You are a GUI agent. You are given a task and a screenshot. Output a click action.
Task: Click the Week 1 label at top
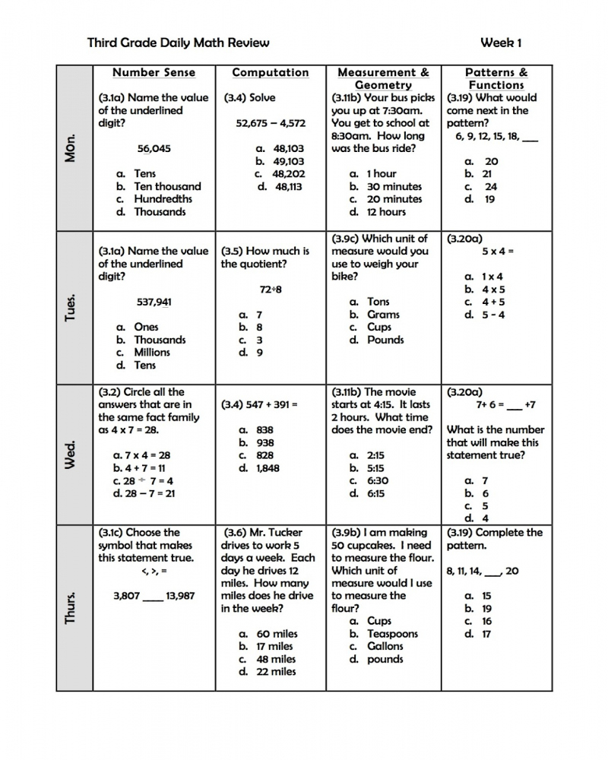(x=501, y=43)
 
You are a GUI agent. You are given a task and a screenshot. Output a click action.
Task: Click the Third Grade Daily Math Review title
(x=179, y=43)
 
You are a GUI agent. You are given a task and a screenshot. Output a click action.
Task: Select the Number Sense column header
(x=154, y=73)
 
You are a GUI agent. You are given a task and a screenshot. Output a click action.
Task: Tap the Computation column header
(x=271, y=73)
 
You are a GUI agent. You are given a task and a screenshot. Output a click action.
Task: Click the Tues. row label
(x=71, y=307)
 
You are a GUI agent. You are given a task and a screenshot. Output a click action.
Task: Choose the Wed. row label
(x=71, y=454)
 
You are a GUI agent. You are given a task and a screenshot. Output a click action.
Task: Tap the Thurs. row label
(x=71, y=608)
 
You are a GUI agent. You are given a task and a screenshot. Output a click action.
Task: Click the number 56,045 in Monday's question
(x=154, y=148)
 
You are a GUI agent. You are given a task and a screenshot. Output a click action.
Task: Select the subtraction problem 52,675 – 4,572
(x=271, y=123)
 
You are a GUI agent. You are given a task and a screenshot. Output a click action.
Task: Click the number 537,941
(x=154, y=302)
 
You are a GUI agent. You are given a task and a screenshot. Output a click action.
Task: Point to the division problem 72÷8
(x=271, y=290)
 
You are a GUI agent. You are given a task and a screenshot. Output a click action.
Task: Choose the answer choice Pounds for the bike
(x=385, y=340)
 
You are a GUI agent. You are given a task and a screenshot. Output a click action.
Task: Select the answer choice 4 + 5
(x=493, y=302)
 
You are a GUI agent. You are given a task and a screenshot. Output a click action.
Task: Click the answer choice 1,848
(x=268, y=468)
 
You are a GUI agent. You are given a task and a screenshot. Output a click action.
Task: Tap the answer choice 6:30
(x=378, y=480)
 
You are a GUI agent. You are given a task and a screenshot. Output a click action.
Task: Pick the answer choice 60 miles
(x=277, y=634)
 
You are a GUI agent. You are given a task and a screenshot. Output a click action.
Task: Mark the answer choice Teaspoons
(x=392, y=634)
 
